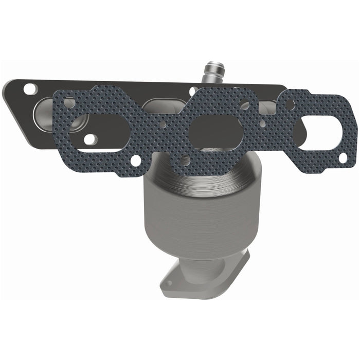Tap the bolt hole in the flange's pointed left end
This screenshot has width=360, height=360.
coord(30,89)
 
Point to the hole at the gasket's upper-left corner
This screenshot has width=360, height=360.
coord(69,102)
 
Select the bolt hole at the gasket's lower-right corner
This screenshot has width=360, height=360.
coord(343,157)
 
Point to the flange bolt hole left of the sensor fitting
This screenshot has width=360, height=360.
coord(192,92)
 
